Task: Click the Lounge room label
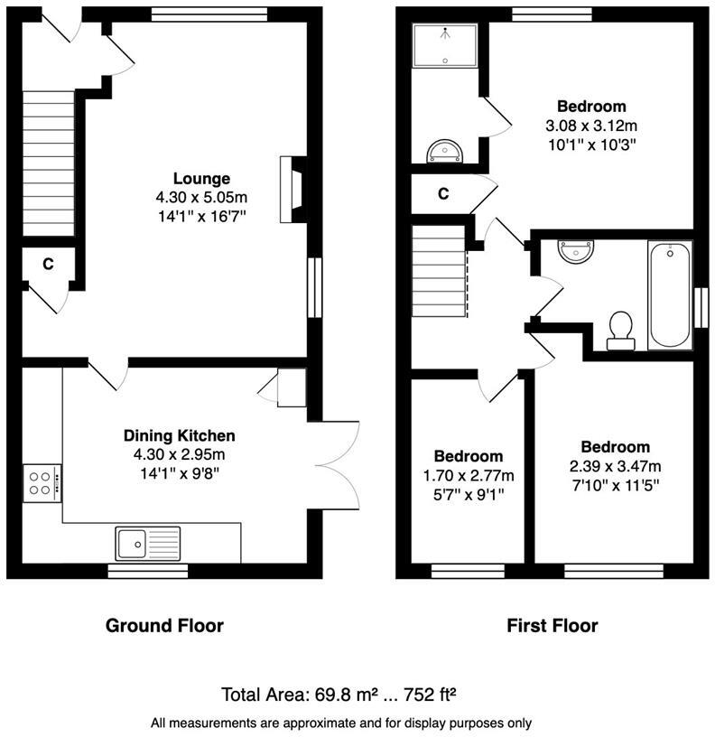tap(201, 179)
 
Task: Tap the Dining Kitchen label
tap(179, 435)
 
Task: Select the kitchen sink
tap(148, 543)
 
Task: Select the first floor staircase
tap(440, 272)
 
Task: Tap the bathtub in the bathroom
tap(669, 294)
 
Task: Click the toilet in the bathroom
tap(620, 331)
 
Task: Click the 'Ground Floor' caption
tap(164, 625)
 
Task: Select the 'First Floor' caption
tap(552, 625)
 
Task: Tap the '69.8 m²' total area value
tap(336, 695)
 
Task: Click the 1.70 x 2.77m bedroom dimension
tap(469, 476)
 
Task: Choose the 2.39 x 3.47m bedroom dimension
tap(615, 467)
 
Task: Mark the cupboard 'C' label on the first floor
tap(443, 193)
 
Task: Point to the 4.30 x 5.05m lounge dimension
tap(201, 197)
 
